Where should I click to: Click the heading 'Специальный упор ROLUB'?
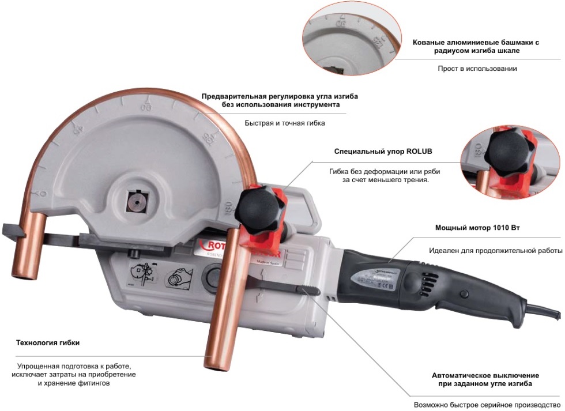(x=383, y=151)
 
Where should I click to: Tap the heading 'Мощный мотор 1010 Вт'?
(x=477, y=228)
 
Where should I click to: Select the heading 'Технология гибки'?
(x=47, y=342)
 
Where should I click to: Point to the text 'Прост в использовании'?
(x=477, y=69)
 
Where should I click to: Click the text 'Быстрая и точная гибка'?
(x=285, y=123)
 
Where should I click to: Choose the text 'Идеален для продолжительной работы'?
(x=495, y=251)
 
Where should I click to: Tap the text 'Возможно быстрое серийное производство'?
(x=487, y=405)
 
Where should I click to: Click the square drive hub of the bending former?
(x=137, y=202)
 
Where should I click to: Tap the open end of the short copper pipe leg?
(x=24, y=275)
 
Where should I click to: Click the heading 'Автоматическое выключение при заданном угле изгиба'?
(x=485, y=380)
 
